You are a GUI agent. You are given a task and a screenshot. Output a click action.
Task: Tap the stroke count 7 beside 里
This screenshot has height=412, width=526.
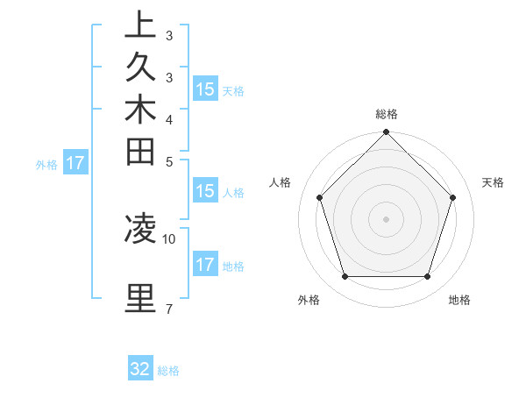coord(169,309)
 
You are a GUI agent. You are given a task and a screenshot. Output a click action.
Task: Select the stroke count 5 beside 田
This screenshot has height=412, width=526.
coord(169,161)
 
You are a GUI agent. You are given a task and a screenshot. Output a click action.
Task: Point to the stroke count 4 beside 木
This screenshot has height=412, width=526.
coord(169,119)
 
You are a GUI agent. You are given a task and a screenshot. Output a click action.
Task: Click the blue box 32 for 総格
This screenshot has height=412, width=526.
coord(140,369)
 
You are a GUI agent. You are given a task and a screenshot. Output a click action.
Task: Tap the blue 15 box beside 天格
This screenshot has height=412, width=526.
coord(204,89)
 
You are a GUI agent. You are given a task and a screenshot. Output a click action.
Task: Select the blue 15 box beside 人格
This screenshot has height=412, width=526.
coord(204,192)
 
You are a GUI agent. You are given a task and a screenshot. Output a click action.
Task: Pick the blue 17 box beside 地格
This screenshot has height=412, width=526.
coord(204,265)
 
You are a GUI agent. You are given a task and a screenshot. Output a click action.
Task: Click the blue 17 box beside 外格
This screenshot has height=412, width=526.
coord(75,162)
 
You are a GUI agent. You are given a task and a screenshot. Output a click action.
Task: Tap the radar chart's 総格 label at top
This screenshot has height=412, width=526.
coord(387,114)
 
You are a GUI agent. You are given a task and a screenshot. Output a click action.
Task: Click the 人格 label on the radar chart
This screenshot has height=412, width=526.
coord(281,182)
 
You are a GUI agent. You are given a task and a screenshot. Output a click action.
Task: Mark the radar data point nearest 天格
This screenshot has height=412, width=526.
coord(453,197)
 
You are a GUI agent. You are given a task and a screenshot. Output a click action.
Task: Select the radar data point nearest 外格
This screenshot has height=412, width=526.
coord(345,277)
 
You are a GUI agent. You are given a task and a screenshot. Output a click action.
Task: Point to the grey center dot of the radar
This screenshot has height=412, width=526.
coord(387,219)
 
